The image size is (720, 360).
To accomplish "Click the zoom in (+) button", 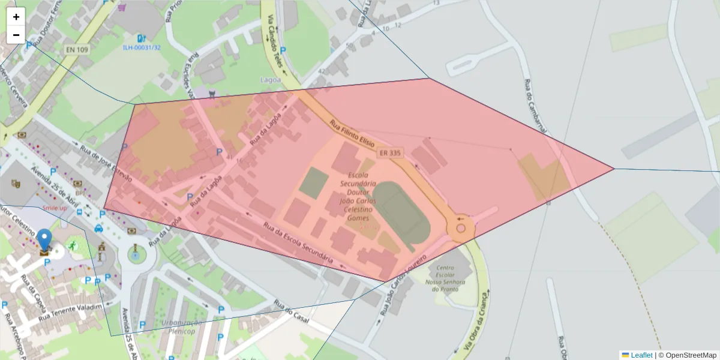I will (16, 17).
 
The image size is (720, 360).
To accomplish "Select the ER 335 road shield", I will (390, 154).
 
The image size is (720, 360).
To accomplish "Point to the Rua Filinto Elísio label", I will (352, 134).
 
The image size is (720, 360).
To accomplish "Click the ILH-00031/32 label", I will (142, 47).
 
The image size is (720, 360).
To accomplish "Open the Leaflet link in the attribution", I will (641, 355).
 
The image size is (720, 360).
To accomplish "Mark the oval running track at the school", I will (403, 215).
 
